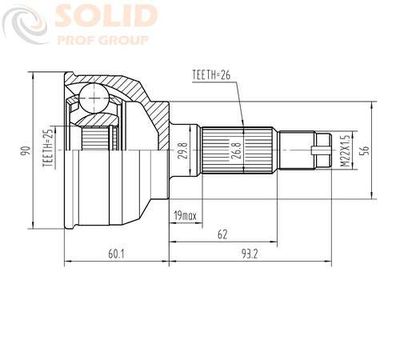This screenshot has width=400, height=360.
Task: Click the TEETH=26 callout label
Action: pos(211,75)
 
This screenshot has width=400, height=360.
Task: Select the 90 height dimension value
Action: pos(25,151)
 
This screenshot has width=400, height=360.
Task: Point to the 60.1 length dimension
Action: pos(116,254)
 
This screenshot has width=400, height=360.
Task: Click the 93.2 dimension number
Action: pos(250,254)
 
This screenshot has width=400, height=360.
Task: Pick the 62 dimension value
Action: pos(222,235)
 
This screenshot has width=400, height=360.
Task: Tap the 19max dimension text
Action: pos(186,216)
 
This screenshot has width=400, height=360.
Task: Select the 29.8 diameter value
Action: pos(183,151)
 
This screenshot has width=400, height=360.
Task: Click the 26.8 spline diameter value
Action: pos(236,150)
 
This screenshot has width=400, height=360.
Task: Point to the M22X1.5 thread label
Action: pos(345,151)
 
